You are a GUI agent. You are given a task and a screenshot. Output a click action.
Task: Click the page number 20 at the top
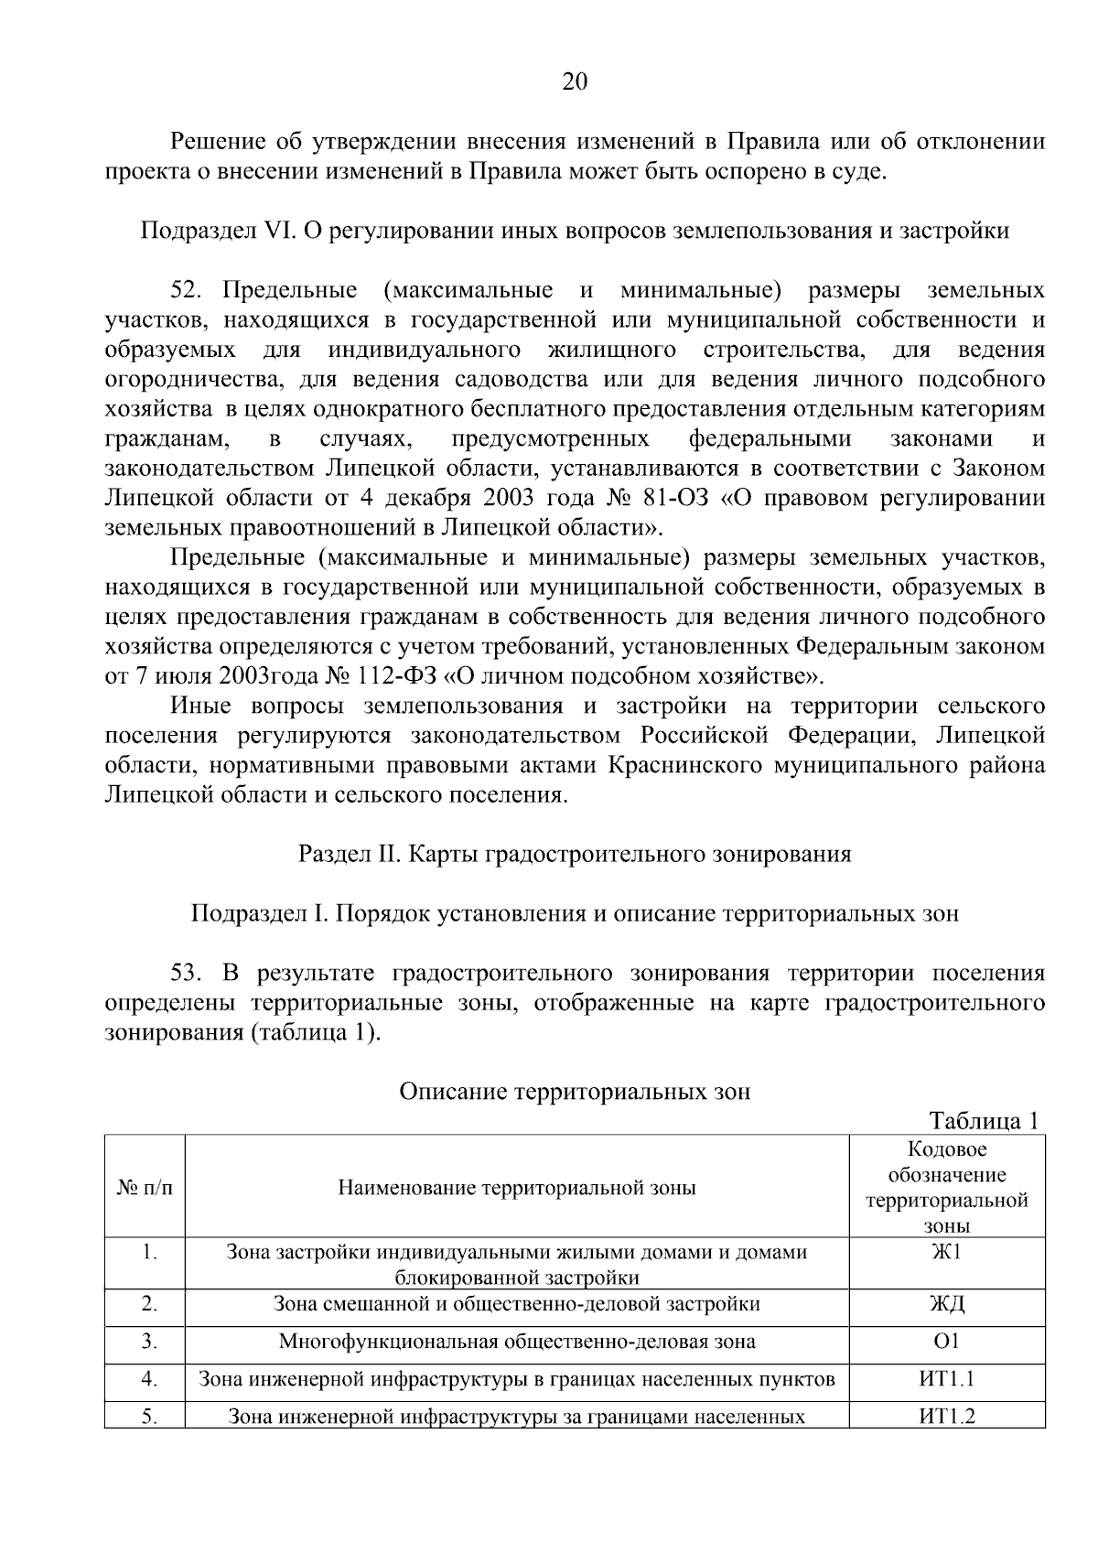[x=574, y=82]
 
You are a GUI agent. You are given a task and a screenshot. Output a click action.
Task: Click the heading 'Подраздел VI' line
[x=574, y=231]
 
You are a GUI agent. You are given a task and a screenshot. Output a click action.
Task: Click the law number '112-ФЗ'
[x=393, y=677]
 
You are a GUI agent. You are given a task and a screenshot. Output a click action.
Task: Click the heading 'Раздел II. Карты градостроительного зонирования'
[x=574, y=854]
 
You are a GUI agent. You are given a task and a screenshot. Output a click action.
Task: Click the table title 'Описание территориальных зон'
[x=574, y=1091]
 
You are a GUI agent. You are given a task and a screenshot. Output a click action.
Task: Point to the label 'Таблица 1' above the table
[x=984, y=1121]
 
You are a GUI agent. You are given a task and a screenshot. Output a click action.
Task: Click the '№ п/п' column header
[x=145, y=1187]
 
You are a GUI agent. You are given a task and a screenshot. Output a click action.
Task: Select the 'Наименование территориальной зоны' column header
[x=517, y=1188]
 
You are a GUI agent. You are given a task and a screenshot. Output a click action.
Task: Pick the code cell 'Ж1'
[x=946, y=1252]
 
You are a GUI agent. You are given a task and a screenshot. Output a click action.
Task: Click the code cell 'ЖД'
[x=946, y=1304]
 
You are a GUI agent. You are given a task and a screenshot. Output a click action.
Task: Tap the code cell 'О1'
[x=946, y=1342]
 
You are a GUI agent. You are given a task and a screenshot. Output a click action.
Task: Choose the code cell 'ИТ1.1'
[x=946, y=1379]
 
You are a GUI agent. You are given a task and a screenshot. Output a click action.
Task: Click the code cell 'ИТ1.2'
[x=946, y=1417]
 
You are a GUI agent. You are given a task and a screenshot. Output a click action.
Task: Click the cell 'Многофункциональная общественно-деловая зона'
[x=517, y=1343]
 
